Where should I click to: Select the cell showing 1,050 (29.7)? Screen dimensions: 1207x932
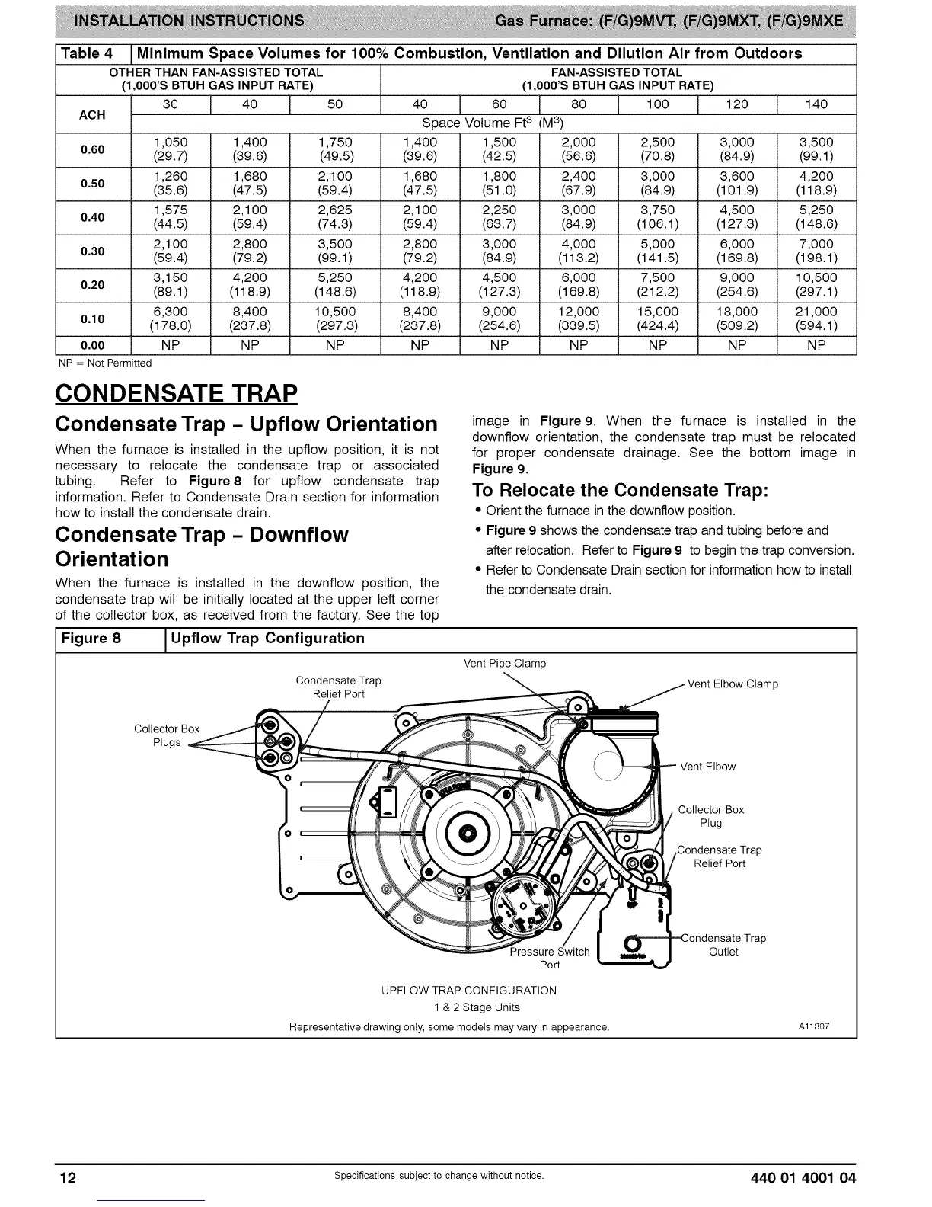[x=171, y=149]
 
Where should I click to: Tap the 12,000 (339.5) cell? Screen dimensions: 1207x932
[x=579, y=319]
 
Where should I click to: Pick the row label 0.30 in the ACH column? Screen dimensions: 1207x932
[x=93, y=251]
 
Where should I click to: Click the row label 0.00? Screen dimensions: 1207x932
[x=93, y=344]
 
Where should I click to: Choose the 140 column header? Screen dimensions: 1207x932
[x=816, y=104]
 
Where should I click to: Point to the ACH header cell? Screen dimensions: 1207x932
[x=93, y=115]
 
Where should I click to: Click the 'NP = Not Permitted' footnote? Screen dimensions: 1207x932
[x=105, y=363]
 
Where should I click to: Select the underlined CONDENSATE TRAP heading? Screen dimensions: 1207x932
[x=176, y=393]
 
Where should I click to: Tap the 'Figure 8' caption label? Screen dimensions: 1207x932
[x=91, y=639]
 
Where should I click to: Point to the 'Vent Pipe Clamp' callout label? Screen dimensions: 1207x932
[x=505, y=663]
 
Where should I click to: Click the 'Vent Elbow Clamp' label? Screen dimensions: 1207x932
[x=733, y=684]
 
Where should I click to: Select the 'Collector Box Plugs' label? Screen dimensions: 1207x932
[x=167, y=735]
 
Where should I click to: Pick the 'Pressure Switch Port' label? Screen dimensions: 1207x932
[x=550, y=958]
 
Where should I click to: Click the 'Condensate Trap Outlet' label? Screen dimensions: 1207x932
[x=723, y=945]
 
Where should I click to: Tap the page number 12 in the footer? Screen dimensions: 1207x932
[x=69, y=1178]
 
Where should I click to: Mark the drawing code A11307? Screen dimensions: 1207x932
[x=813, y=1026]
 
